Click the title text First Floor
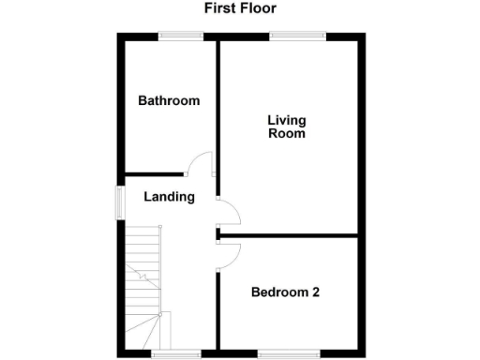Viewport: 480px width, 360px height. tap(240, 8)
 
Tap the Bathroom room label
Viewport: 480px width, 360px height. tap(169, 100)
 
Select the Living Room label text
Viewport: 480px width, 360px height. tap(287, 127)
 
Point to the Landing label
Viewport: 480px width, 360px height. tap(169, 197)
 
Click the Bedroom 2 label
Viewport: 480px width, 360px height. tap(286, 292)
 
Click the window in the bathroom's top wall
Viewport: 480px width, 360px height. tap(181, 37)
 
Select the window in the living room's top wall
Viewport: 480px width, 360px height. tap(298, 37)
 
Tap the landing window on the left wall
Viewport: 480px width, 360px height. tap(120, 202)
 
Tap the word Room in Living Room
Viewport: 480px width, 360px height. tap(287, 134)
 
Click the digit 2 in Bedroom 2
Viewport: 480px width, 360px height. tap(316, 292)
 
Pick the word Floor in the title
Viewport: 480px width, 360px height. tap(258, 8)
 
